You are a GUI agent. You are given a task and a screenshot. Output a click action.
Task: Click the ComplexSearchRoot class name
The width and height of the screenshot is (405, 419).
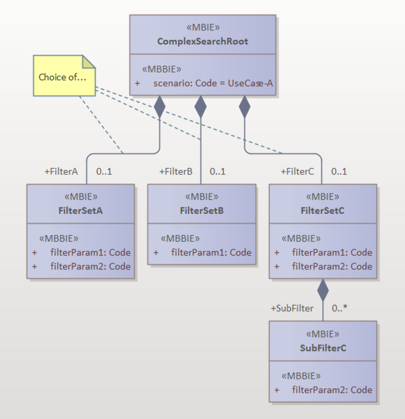pyautogui.click(x=202, y=41)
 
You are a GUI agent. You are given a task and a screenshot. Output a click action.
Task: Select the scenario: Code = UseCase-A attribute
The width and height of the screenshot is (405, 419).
pyautogui.click(x=213, y=83)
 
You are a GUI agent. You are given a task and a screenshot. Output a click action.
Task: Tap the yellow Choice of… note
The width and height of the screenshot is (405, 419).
pyautogui.click(x=63, y=77)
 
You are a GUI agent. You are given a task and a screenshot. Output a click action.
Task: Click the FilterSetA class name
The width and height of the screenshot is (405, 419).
pyautogui.click(x=80, y=210)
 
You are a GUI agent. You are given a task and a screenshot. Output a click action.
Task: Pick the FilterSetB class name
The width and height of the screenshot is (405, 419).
pyautogui.click(x=202, y=210)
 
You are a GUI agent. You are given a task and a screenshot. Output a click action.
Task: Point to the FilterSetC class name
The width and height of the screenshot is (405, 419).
pyautogui.click(x=322, y=210)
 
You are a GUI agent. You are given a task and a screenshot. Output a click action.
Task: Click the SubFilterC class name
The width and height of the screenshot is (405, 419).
pyautogui.click(x=323, y=348)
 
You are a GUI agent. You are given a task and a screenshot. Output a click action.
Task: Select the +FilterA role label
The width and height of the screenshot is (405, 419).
pyautogui.click(x=61, y=171)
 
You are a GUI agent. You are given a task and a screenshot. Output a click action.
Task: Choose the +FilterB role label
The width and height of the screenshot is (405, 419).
pyautogui.click(x=176, y=171)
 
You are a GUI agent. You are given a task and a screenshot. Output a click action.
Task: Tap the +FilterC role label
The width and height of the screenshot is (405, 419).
pyautogui.click(x=297, y=171)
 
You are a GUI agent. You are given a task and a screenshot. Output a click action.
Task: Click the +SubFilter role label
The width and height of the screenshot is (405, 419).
pyautogui.click(x=292, y=308)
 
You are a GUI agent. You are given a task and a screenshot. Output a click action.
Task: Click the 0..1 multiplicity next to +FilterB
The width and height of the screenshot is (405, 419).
pyautogui.click(x=217, y=171)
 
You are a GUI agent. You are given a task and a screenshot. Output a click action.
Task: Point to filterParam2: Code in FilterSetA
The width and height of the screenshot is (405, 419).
pyautogui.click(x=90, y=266)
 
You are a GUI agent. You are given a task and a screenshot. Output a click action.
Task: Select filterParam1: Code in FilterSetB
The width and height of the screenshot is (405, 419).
pyautogui.click(x=211, y=252)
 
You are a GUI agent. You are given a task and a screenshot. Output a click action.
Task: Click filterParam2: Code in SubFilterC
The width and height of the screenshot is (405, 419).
pyautogui.click(x=332, y=390)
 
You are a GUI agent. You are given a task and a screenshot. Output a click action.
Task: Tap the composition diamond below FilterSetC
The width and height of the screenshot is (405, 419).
pyautogui.click(x=323, y=290)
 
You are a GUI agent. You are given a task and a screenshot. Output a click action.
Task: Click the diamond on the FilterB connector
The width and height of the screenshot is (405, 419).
pyautogui.click(x=200, y=107)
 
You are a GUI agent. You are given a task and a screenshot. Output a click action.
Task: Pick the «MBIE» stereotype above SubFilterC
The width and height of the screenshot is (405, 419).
pyautogui.click(x=323, y=334)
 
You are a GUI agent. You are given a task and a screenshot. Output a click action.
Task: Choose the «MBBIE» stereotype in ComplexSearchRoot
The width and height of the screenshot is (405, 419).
pyautogui.click(x=162, y=69)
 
